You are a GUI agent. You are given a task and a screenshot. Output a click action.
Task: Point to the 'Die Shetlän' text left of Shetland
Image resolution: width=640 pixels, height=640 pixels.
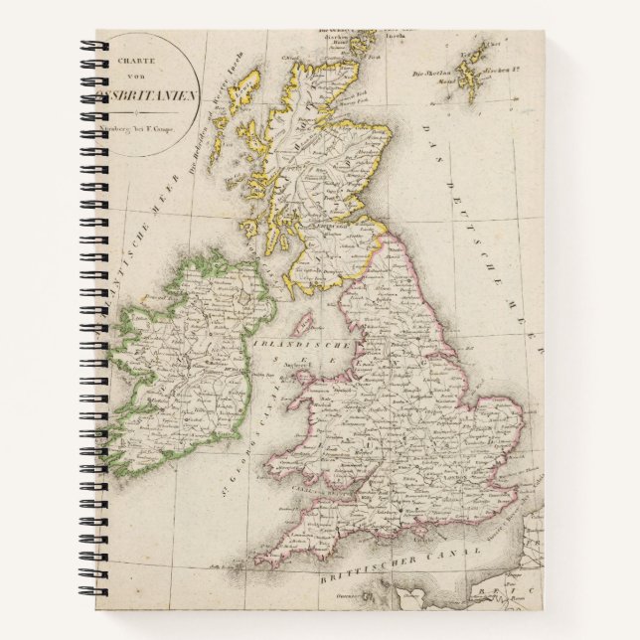click(x=428, y=72)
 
